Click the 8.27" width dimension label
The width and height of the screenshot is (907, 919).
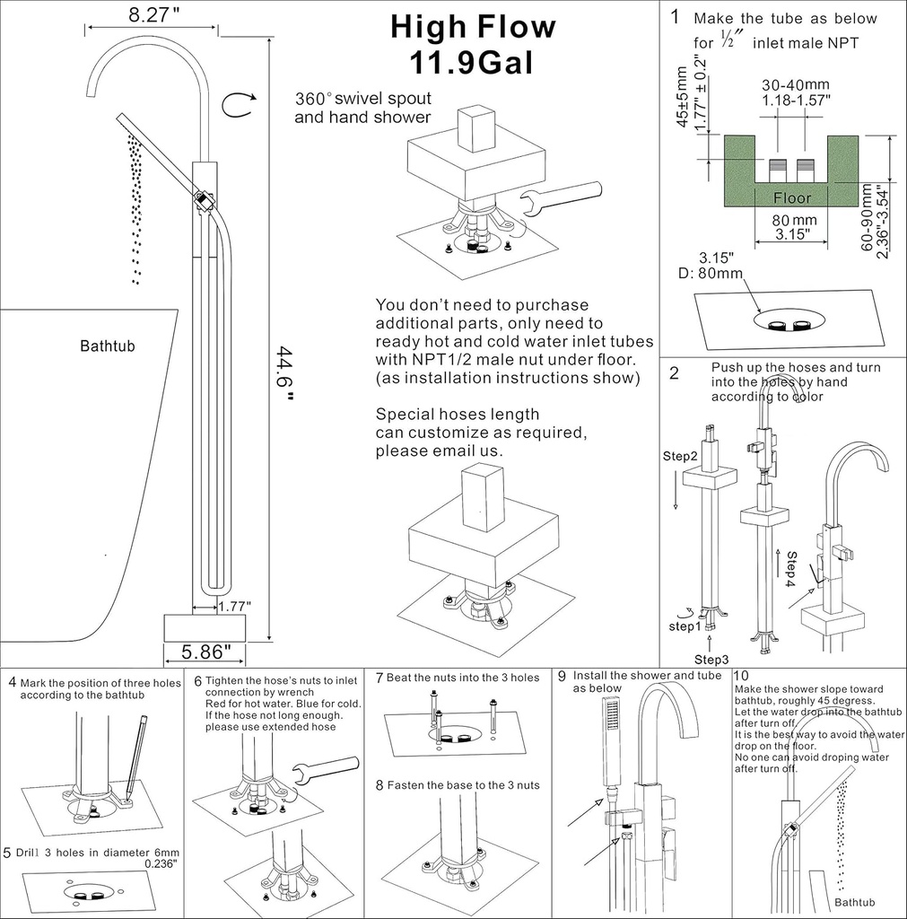pyautogui.click(x=150, y=15)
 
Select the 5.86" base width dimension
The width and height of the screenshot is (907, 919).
pyautogui.click(x=206, y=651)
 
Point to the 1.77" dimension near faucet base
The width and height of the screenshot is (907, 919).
pyautogui.click(x=234, y=606)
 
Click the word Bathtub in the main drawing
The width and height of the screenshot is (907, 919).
pyautogui.click(x=107, y=346)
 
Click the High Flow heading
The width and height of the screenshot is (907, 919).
pyautogui.click(x=473, y=27)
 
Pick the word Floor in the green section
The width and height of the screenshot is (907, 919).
pyautogui.click(x=791, y=197)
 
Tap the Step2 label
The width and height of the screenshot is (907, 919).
pyautogui.click(x=680, y=457)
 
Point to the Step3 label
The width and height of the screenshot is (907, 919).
pyautogui.click(x=711, y=660)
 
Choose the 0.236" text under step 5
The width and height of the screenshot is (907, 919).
pyautogui.click(x=161, y=863)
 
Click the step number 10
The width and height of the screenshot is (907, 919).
pyautogui.click(x=741, y=676)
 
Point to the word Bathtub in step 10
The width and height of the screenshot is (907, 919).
pyautogui.click(x=854, y=902)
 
